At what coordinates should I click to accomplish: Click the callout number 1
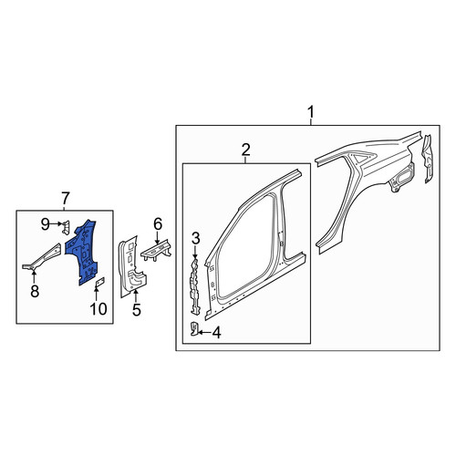pyautogui.click(x=311, y=112)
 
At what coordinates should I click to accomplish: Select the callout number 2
pyautogui.click(x=245, y=150)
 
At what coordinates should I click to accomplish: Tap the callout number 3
pyautogui.click(x=195, y=238)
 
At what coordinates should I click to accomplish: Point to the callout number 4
pyautogui.click(x=216, y=333)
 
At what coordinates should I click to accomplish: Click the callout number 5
pyautogui.click(x=137, y=310)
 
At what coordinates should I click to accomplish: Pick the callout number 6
pyautogui.click(x=158, y=224)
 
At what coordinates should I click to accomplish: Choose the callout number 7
pyautogui.click(x=66, y=198)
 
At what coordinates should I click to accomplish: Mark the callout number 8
pyautogui.click(x=35, y=291)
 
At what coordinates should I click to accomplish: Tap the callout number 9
pyautogui.click(x=46, y=224)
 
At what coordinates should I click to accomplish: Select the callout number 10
pyautogui.click(x=98, y=308)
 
